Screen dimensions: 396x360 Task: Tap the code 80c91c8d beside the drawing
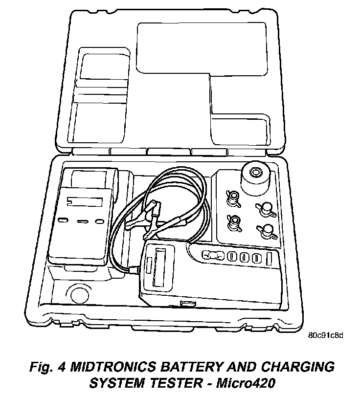[326, 335]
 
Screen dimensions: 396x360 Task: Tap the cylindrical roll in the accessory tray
[255, 179]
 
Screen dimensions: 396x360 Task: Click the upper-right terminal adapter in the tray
[267, 209]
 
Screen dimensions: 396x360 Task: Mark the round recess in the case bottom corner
[77, 294]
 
